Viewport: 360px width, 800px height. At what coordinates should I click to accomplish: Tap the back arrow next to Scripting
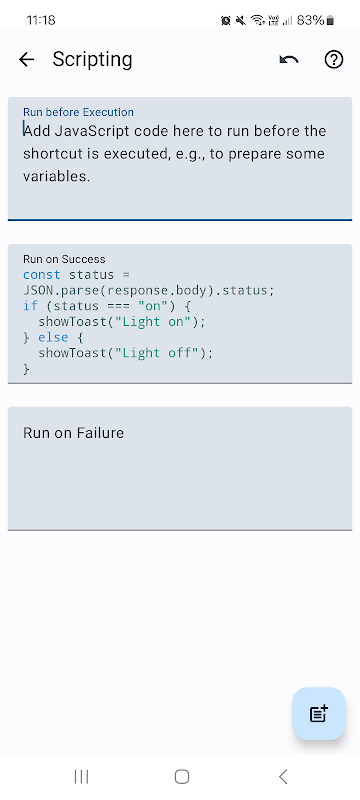pyautogui.click(x=26, y=60)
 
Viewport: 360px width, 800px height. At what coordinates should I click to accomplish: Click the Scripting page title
pyautogui.click(x=92, y=60)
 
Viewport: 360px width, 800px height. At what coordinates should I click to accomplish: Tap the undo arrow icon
pyautogui.click(x=289, y=60)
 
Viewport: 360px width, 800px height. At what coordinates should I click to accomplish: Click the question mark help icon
pyautogui.click(x=334, y=60)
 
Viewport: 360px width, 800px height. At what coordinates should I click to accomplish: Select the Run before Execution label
pyautogui.click(x=78, y=112)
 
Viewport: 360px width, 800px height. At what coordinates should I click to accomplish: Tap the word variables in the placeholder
pyautogui.click(x=57, y=177)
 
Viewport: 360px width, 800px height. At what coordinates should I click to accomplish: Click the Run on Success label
pyautogui.click(x=64, y=259)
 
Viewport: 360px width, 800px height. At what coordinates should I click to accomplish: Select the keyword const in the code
pyautogui.click(x=42, y=274)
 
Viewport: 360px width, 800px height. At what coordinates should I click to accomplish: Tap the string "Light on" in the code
pyautogui.click(x=153, y=322)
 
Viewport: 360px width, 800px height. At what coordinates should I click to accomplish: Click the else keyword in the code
pyautogui.click(x=53, y=337)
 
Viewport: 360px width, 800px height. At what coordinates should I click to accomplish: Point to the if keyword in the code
pyautogui.click(x=30, y=306)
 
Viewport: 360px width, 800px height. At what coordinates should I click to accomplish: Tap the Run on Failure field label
pyautogui.click(x=73, y=433)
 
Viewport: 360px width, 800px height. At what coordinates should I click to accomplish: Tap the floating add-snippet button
pyautogui.click(x=319, y=713)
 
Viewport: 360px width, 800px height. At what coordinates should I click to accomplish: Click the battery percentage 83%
pyautogui.click(x=311, y=20)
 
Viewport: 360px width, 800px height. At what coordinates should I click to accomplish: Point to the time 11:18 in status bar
pyautogui.click(x=41, y=20)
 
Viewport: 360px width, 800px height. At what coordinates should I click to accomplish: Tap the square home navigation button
pyautogui.click(x=182, y=777)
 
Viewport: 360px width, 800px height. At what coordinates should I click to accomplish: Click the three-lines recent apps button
pyautogui.click(x=81, y=777)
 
